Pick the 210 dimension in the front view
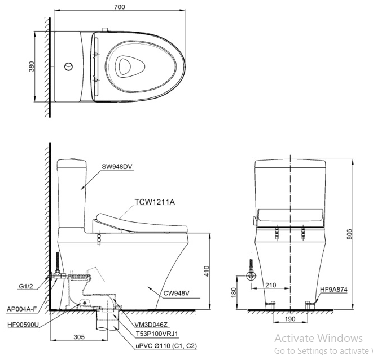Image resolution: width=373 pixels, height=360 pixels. coord(270,285)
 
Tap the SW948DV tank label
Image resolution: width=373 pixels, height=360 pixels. coord(118,166)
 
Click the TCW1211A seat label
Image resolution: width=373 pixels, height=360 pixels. coord(153,201)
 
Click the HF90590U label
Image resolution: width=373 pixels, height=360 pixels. coord(24,323)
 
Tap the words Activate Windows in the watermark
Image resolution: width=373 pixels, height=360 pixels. coord(318,338)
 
